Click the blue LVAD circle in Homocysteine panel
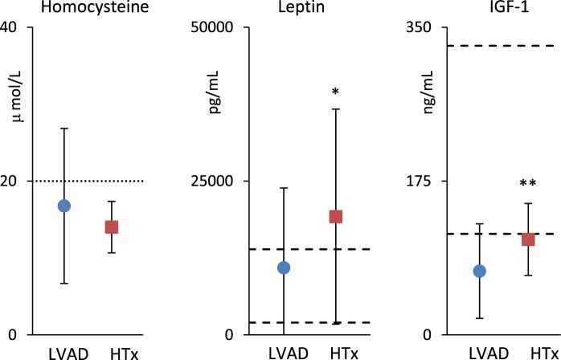pyautogui.click(x=63, y=207)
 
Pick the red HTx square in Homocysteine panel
pyautogui.click(x=112, y=227)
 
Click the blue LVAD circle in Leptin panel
pyautogui.click(x=284, y=268)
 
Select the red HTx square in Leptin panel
pyautogui.click(x=336, y=216)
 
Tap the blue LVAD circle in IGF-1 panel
pyautogui.click(x=480, y=271)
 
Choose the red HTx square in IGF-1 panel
pyautogui.click(x=529, y=239)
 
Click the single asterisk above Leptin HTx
pyautogui.click(x=335, y=92)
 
